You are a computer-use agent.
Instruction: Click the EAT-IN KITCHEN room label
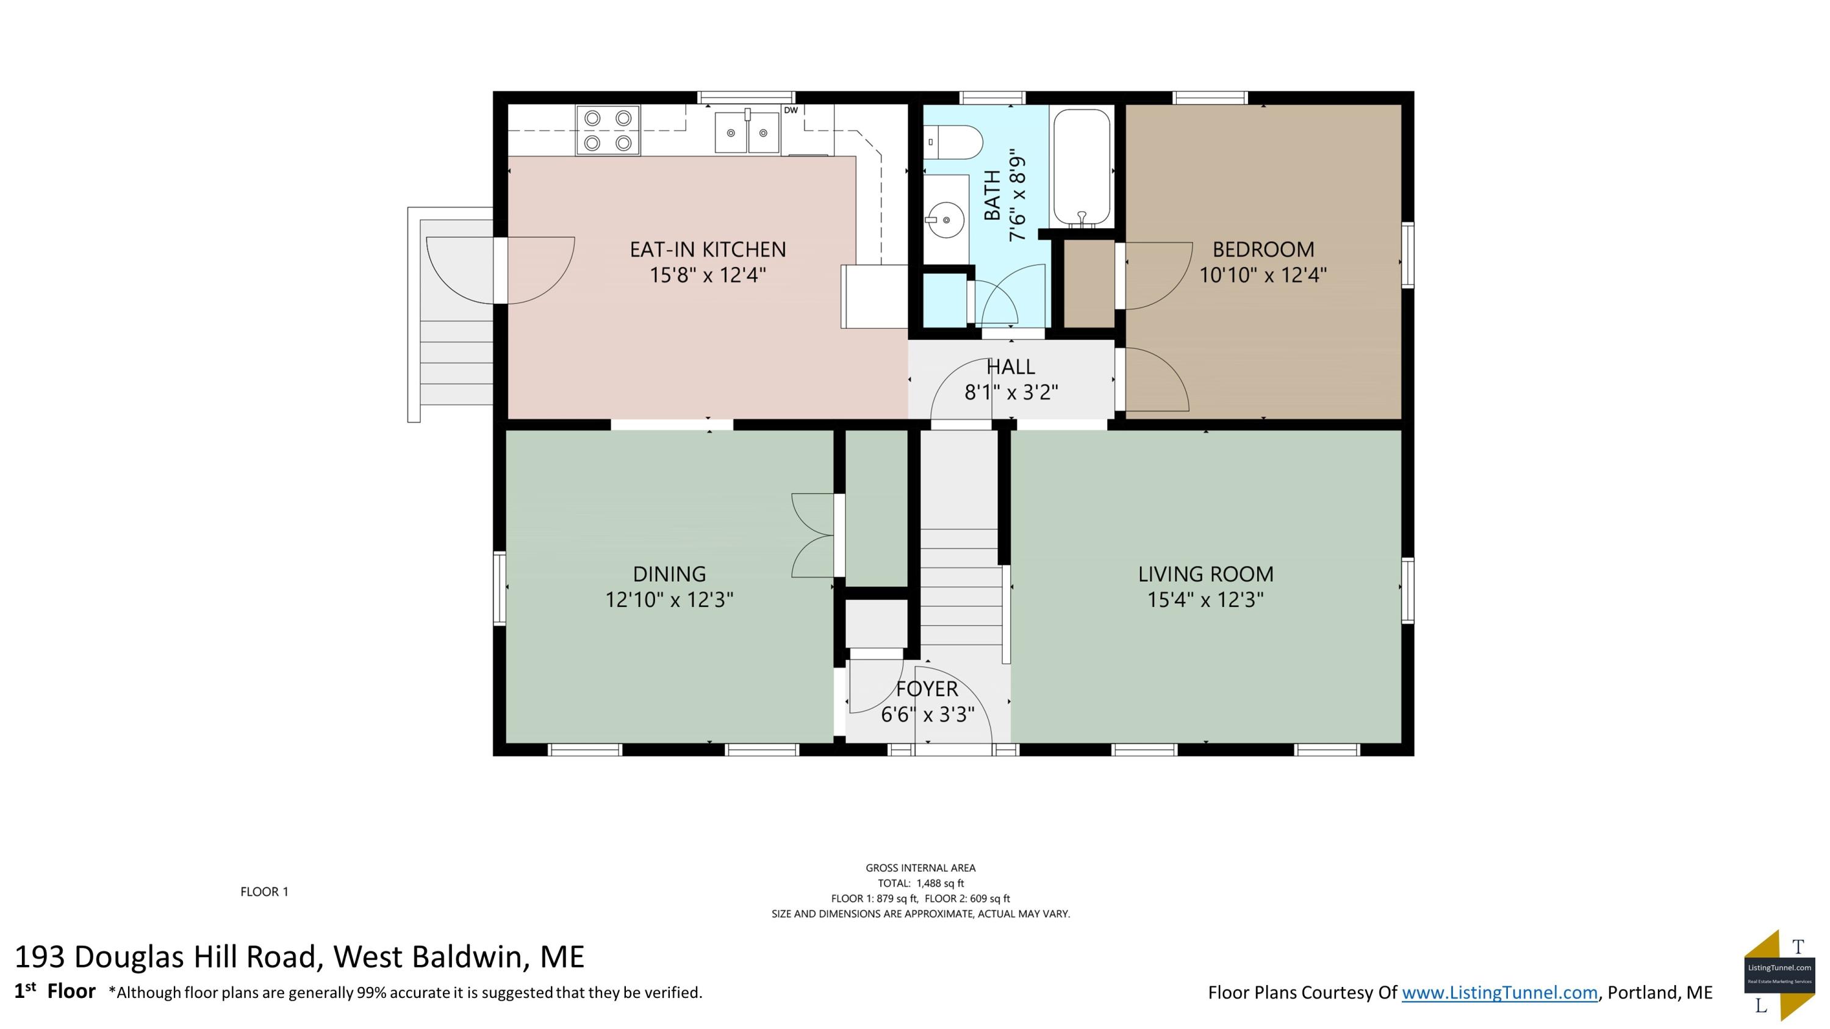[708, 249]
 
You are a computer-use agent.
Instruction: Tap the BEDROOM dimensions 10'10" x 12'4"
[1263, 275]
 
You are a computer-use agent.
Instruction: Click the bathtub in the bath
[1082, 168]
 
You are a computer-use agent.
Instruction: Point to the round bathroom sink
[945, 220]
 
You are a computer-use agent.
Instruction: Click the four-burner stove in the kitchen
[608, 131]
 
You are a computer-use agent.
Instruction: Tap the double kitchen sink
[747, 132]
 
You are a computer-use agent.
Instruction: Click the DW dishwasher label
[791, 110]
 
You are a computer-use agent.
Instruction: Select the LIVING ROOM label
[1205, 574]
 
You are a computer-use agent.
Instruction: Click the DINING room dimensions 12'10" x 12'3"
[669, 600]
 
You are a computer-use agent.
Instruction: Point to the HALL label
[1011, 367]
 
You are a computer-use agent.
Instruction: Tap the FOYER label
[927, 689]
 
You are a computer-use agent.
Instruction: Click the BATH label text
[992, 195]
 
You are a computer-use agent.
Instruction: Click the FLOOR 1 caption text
[264, 892]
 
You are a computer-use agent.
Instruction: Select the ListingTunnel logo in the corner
[1779, 976]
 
